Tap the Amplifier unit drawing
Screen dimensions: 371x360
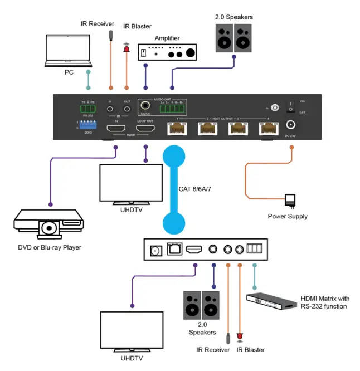(168, 52)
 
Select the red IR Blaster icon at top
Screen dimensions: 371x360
(126, 50)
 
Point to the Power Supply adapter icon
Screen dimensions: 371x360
(289, 200)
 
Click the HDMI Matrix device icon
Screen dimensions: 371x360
(271, 301)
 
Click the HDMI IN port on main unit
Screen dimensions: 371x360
(117, 129)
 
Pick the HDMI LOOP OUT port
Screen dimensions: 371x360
(145, 129)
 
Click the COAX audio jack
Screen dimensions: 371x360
(147, 105)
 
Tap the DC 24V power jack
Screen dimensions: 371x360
(291, 126)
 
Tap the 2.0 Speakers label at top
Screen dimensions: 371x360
(235, 17)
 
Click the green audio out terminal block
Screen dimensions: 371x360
(174, 108)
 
